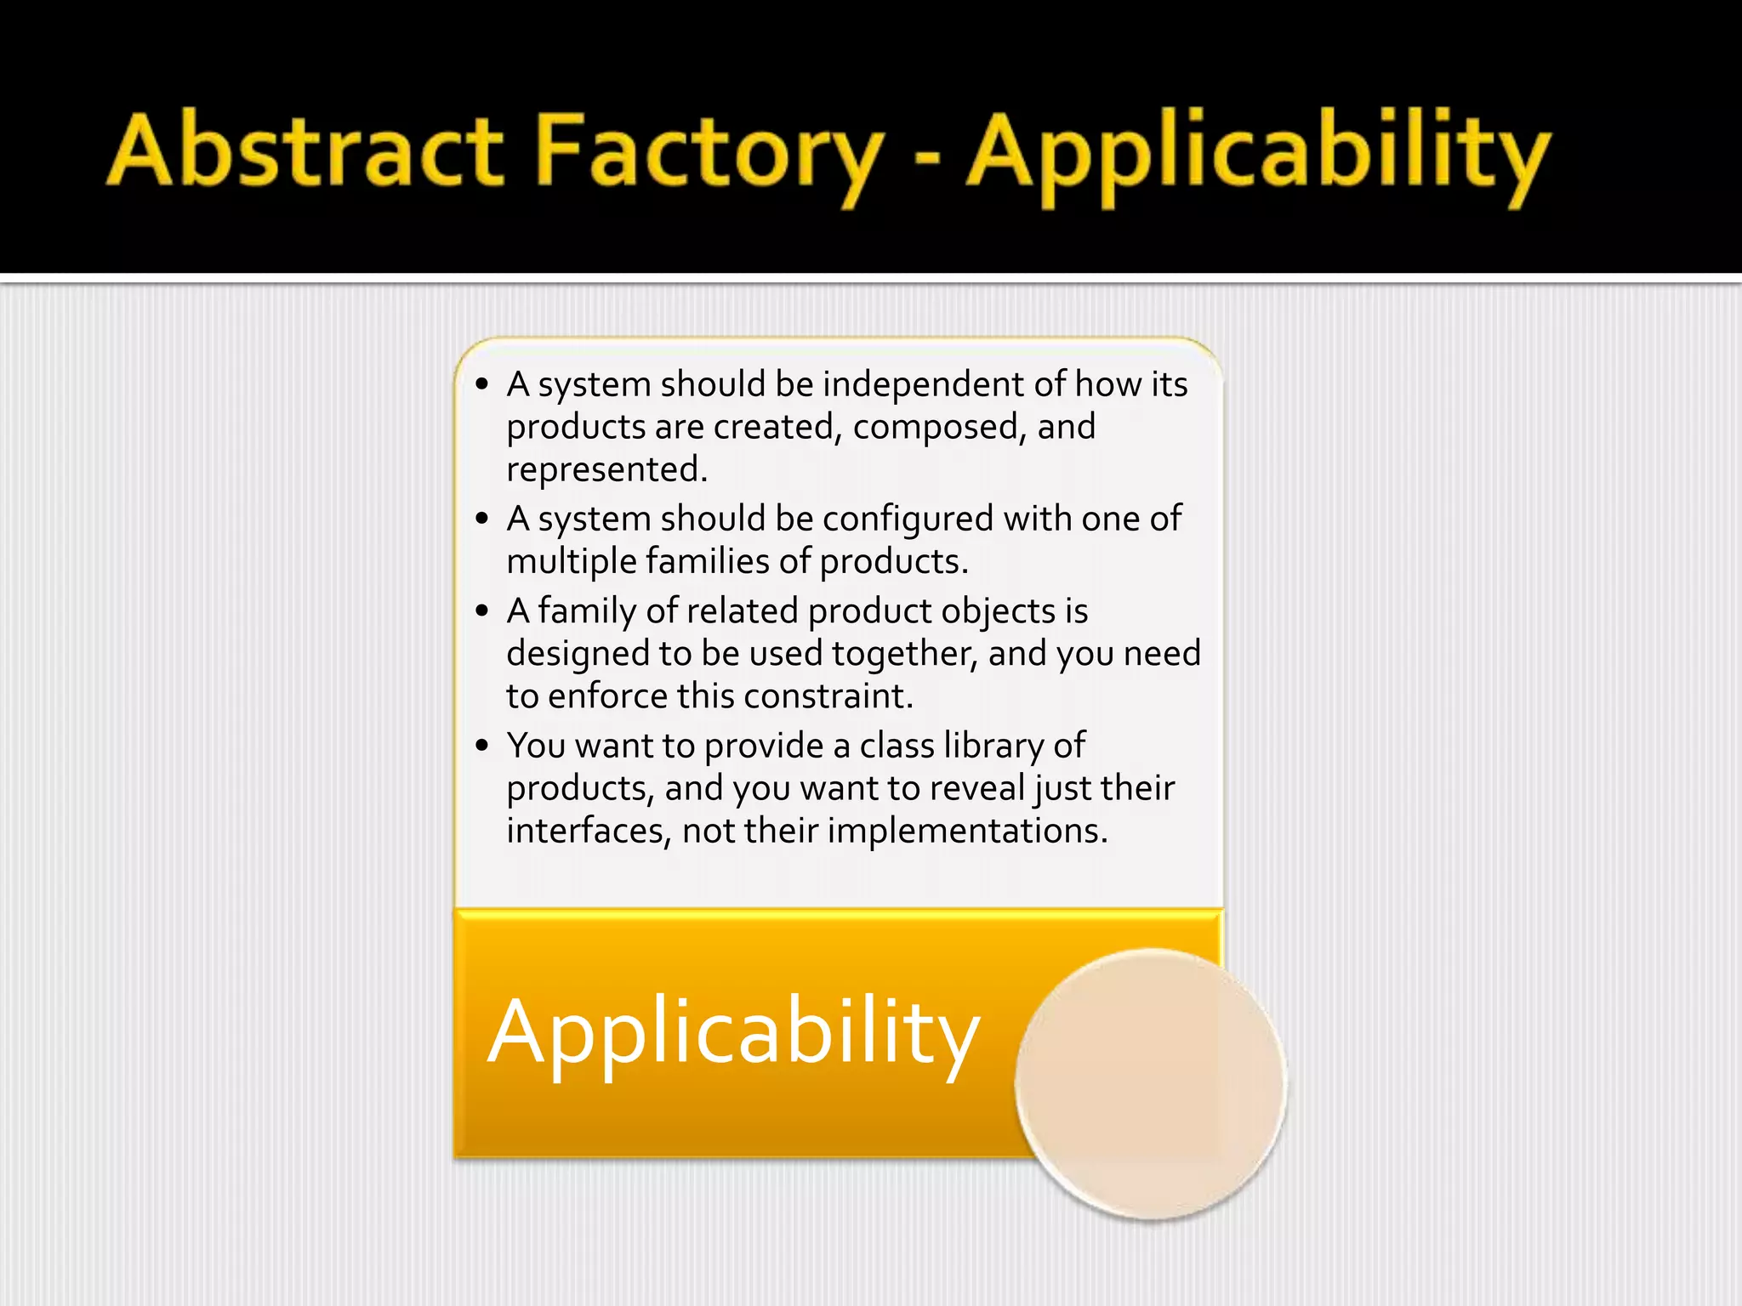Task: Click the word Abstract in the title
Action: coord(306,151)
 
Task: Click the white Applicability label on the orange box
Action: coord(733,1032)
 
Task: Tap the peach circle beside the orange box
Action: coord(1150,1083)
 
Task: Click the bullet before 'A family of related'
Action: coord(482,610)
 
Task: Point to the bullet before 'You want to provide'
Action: coord(482,746)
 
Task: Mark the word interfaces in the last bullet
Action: coord(588,831)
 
